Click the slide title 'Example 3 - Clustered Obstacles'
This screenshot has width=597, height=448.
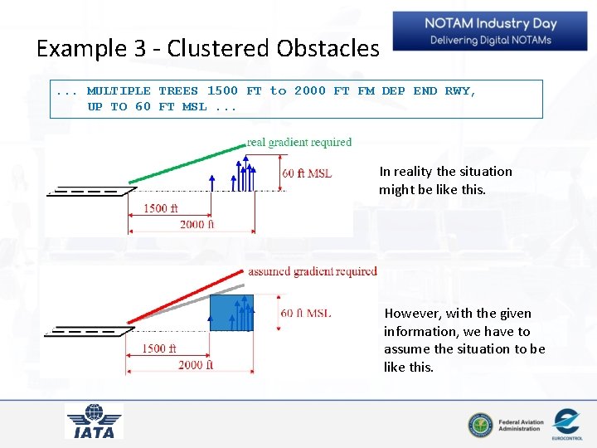click(x=207, y=48)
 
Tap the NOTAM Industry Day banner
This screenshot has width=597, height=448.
click(x=490, y=32)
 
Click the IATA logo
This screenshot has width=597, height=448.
click(x=94, y=421)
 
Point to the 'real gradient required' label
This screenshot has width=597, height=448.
click(x=299, y=143)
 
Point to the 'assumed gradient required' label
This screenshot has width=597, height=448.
click(x=313, y=271)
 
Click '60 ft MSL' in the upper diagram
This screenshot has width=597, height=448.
click(x=307, y=173)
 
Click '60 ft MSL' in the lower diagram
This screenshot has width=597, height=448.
click(x=306, y=313)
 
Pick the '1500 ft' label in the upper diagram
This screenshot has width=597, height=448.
click(x=161, y=208)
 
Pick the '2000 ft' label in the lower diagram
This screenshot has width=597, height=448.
click(x=196, y=365)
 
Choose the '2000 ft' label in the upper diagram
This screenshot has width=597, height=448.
click(x=197, y=224)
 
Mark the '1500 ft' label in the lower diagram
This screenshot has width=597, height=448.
click(x=159, y=348)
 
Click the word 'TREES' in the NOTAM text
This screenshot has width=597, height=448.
click(x=178, y=90)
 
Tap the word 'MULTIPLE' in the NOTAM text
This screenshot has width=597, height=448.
click(x=119, y=90)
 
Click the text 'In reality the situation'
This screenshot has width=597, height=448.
click(x=445, y=171)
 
